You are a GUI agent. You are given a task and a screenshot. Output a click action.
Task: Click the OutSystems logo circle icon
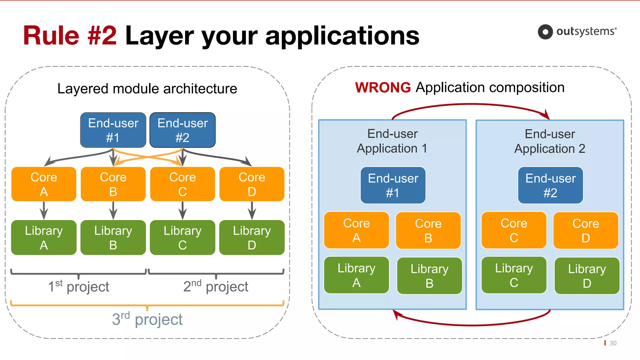pos(545,32)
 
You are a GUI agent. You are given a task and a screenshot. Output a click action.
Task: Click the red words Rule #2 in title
pos(70,35)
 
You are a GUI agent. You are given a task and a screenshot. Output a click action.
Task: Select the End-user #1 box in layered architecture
pos(113,130)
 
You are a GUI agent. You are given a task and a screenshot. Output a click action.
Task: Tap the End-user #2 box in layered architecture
pos(182,130)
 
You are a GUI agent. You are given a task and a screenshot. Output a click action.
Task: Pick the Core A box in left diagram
pos(44,184)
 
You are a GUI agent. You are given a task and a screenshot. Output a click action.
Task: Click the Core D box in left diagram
pos(252,184)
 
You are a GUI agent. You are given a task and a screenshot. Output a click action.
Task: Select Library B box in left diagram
pos(113,237)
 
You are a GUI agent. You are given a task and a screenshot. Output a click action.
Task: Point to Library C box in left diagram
pos(182,237)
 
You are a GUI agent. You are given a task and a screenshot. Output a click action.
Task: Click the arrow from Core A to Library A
pos(44,211)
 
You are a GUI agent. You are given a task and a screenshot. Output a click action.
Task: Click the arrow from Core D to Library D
pos(252,211)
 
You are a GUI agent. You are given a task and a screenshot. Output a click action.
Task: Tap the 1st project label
pos(78,287)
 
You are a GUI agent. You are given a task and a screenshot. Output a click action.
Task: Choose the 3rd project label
pos(147,319)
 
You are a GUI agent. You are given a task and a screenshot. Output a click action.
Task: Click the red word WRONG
pos(383,87)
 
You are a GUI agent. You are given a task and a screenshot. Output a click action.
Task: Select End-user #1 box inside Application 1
pos(393,185)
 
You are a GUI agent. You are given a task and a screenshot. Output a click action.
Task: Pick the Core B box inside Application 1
pos(428,231)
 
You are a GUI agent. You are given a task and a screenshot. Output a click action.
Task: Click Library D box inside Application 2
pos(587,276)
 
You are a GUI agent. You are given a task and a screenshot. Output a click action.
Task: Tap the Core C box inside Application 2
pos(514,230)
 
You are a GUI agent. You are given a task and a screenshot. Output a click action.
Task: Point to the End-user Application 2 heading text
pos(550,141)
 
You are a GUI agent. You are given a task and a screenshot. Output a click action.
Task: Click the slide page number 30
pos(613,343)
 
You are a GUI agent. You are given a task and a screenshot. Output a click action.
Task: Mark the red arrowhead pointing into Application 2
pos(547,115)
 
